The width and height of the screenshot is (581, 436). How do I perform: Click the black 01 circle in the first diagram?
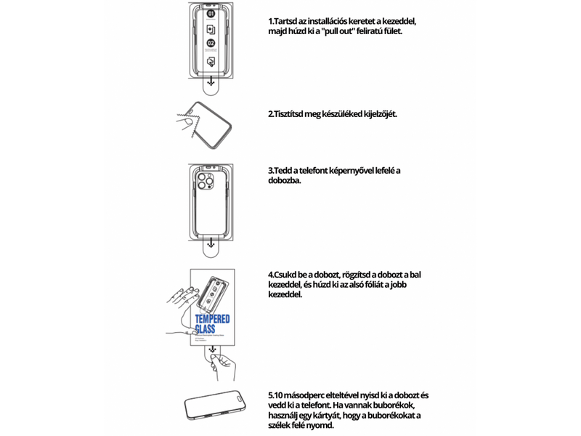pos(211,14)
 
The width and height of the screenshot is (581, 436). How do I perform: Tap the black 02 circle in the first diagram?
pos(211,44)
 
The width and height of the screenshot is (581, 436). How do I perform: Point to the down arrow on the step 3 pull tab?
pos(211,247)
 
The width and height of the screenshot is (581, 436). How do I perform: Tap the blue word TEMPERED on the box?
pos(212,320)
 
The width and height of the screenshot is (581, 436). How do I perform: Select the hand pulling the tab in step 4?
pos(222,368)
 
